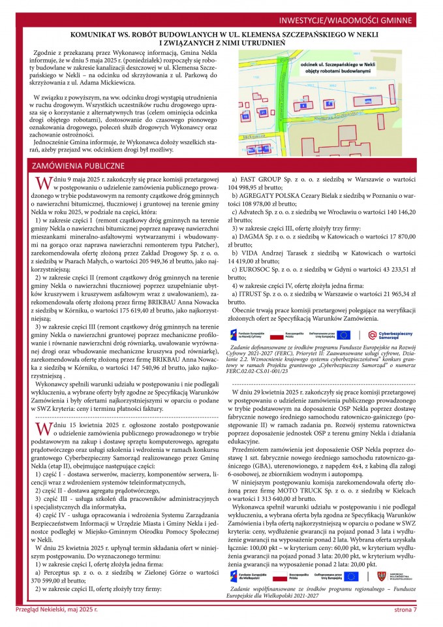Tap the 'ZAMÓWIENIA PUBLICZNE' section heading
[x=78, y=166]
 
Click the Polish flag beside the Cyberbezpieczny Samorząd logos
[x=294, y=334]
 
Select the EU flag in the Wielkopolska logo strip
[x=352, y=557]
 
